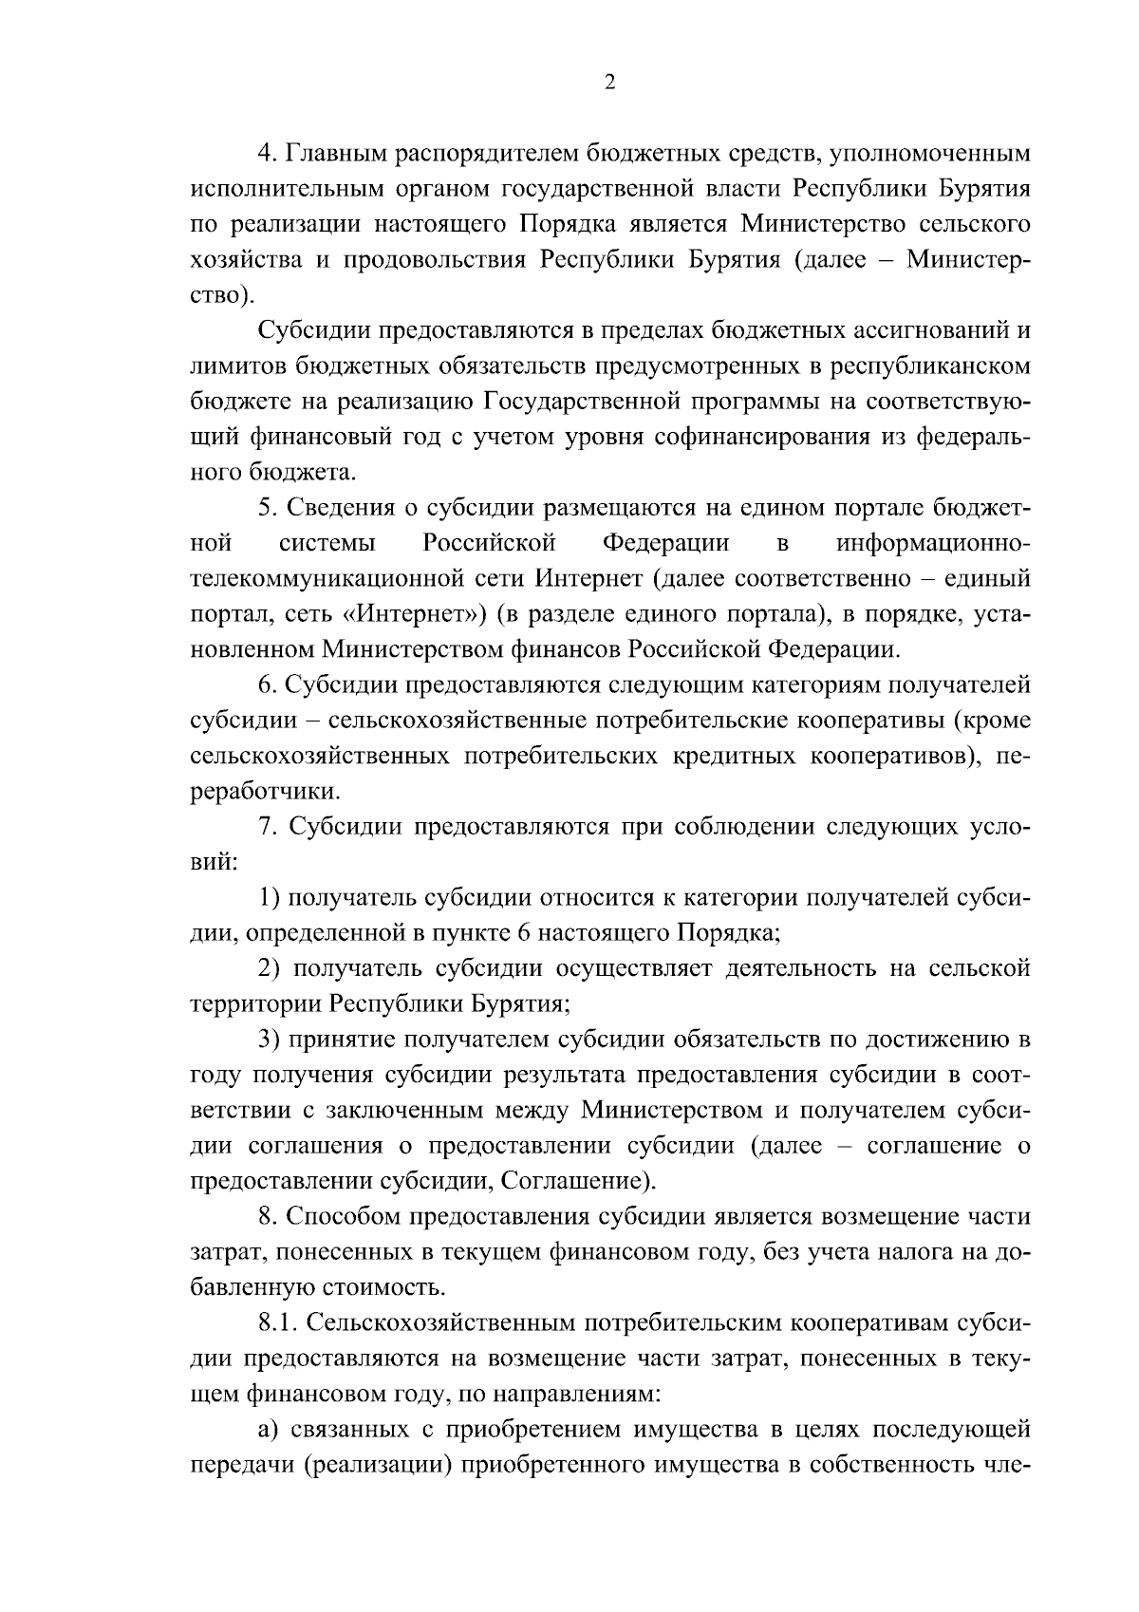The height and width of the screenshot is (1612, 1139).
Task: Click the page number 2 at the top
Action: pyautogui.click(x=609, y=84)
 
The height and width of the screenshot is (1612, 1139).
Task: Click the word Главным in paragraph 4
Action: pyautogui.click(x=331, y=153)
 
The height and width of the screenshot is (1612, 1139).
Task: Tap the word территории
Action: pyautogui.click(x=255, y=1005)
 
